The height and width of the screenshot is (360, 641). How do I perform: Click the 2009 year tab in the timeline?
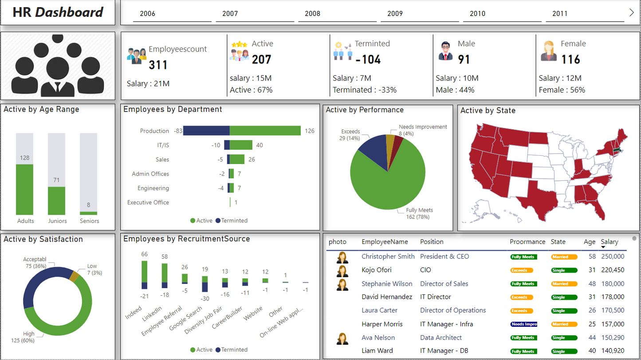(x=395, y=14)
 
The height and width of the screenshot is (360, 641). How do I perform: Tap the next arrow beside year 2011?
(x=632, y=12)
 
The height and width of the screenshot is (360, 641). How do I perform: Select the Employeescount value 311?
(x=158, y=65)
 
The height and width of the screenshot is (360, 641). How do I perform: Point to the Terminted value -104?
(x=368, y=59)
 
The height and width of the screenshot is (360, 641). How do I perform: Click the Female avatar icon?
(x=548, y=51)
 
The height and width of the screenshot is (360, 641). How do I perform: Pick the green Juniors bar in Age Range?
(x=56, y=201)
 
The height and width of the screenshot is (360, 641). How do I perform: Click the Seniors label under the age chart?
(x=90, y=221)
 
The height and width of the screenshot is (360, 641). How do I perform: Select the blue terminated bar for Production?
(x=206, y=131)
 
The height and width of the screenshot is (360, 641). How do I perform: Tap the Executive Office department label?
(x=148, y=202)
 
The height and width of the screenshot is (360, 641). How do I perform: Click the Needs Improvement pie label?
(x=423, y=127)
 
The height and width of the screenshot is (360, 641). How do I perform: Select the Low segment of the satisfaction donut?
(x=74, y=276)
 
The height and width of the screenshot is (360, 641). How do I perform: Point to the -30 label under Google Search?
(x=204, y=299)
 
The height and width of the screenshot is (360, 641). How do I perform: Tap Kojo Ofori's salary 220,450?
(x=613, y=270)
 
